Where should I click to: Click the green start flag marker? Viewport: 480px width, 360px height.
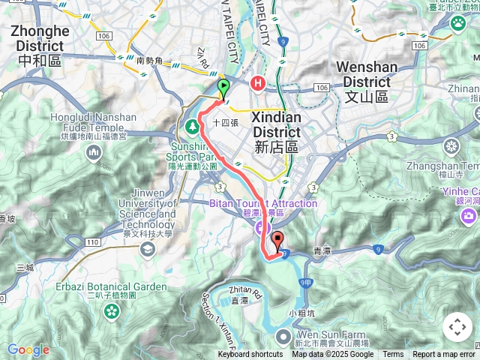pyautogui.click(x=223, y=88)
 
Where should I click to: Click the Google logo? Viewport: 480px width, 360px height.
pyautogui.click(x=28, y=349)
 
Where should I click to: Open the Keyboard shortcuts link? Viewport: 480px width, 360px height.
pyautogui.click(x=250, y=355)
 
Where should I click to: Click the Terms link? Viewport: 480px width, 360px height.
pyautogui.click(x=393, y=355)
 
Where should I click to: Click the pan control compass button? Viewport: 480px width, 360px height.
pyautogui.click(x=457, y=327)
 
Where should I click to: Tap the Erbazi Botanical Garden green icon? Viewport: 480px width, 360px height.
pyautogui.click(x=110, y=307)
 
